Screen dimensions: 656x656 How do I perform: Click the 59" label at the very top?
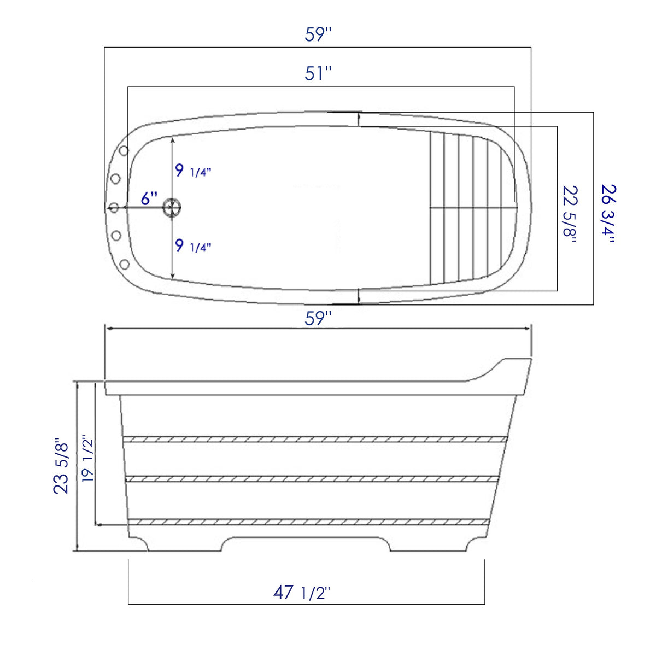coord(318,34)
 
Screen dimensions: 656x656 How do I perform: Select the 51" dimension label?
coord(318,73)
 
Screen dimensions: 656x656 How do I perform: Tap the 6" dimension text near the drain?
coord(149,198)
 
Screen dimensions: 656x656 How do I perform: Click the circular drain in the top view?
coord(173,207)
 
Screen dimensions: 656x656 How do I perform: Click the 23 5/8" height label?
coord(61,465)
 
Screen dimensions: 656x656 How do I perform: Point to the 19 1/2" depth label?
coord(87,458)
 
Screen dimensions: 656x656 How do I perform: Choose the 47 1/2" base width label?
coord(302,592)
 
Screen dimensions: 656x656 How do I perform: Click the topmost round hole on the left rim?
coord(124,150)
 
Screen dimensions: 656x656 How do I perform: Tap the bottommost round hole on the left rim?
coord(124,265)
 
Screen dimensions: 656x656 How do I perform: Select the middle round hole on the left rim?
coord(114,207)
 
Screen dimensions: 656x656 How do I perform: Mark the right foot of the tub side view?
coord(476,544)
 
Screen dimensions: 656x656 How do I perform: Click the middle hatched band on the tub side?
coord(312,479)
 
